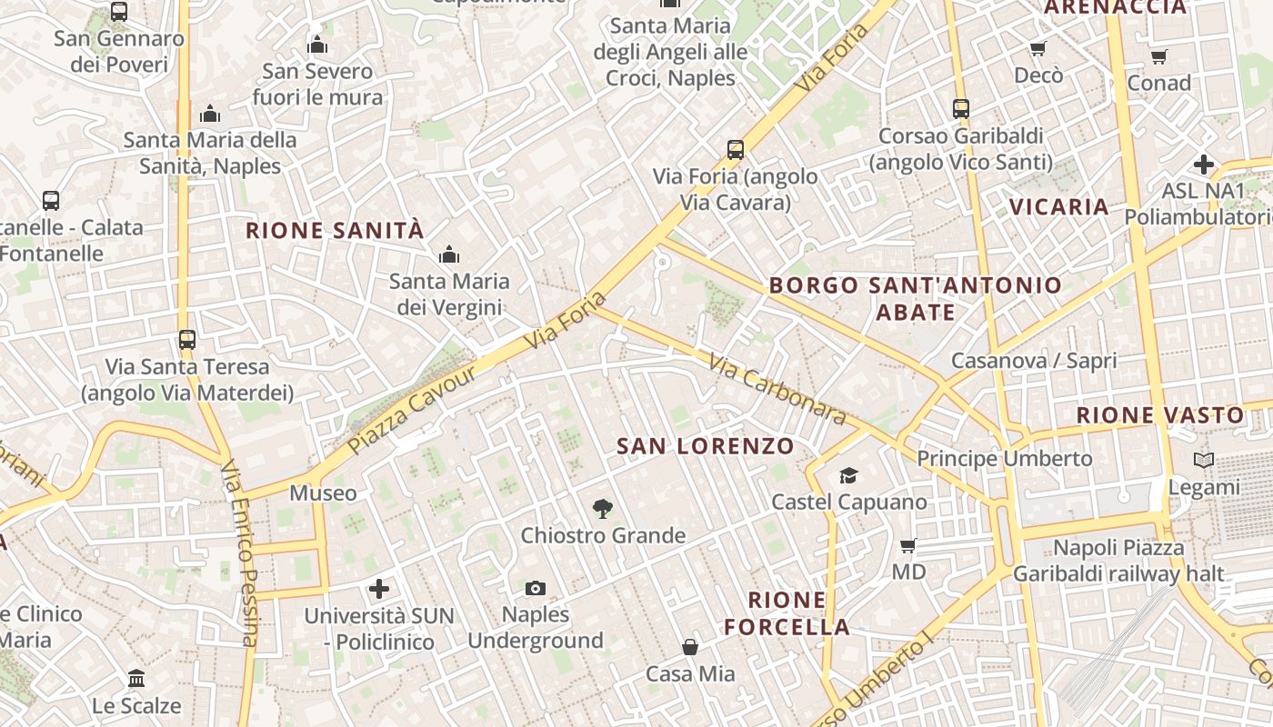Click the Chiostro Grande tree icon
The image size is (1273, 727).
click(601, 509)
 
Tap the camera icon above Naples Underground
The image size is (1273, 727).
click(536, 589)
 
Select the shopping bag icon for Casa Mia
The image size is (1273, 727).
click(690, 647)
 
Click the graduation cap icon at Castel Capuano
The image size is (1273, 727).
click(848, 475)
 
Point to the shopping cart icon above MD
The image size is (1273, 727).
click(907, 546)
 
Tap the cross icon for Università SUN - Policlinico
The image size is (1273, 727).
click(379, 589)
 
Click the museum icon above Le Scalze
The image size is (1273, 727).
click(136, 678)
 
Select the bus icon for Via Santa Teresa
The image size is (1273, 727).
click(187, 340)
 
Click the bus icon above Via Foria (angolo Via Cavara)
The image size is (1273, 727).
click(736, 150)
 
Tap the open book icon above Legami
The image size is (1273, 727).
click(1204, 461)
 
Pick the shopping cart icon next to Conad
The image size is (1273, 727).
click(1158, 57)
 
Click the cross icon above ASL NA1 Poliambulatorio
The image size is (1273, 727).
click(1204, 164)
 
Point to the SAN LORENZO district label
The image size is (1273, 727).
click(706, 446)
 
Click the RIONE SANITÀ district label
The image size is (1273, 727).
click(336, 231)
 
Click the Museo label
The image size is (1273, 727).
click(323, 493)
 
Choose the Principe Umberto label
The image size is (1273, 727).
click(1004, 459)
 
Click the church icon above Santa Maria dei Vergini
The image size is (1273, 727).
click(449, 255)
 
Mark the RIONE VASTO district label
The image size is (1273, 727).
click(1160, 415)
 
